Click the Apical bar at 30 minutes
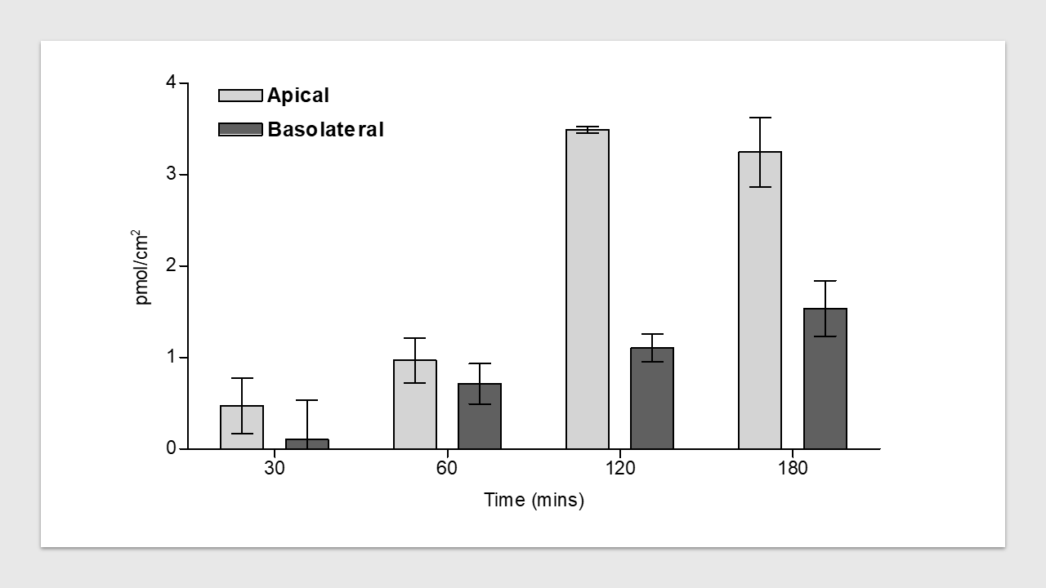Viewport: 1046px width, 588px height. click(242, 427)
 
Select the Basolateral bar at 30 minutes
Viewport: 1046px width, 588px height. click(306, 444)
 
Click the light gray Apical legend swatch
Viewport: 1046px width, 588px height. click(240, 96)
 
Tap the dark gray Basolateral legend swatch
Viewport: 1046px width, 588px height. click(240, 129)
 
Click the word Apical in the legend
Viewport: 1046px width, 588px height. click(298, 96)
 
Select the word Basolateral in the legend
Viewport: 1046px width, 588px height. click(325, 130)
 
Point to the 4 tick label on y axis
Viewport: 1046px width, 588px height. click(171, 82)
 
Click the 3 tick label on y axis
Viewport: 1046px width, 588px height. click(171, 175)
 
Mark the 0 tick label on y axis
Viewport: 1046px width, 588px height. click(171, 448)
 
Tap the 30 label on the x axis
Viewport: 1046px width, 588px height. click(275, 469)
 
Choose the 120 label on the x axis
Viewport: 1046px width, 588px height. click(620, 469)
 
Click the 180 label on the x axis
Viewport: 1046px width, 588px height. click(793, 469)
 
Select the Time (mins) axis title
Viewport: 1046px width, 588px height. click(534, 500)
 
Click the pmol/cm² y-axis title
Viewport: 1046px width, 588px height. click(143, 266)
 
